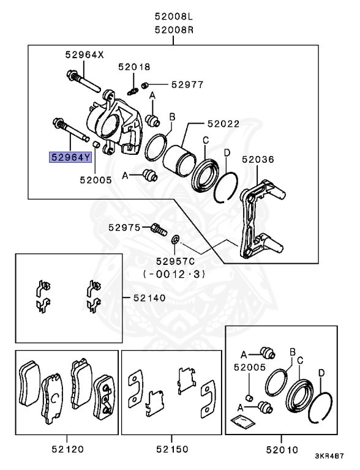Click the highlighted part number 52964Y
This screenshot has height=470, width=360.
70,157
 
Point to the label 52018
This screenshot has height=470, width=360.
134,67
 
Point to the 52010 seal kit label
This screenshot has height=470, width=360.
281,449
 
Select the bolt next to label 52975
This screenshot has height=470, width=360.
158,229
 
